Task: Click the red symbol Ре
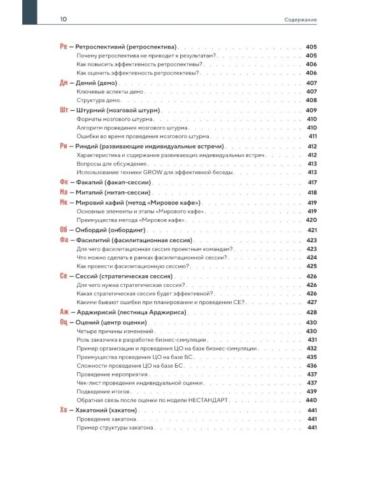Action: coord(63,47)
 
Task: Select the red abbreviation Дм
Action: coord(63,83)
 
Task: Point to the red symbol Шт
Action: coord(63,110)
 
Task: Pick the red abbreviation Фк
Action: coord(63,182)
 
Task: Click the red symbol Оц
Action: coord(63,323)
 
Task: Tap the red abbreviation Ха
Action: coord(63,410)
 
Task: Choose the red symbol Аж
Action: coord(63,312)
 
